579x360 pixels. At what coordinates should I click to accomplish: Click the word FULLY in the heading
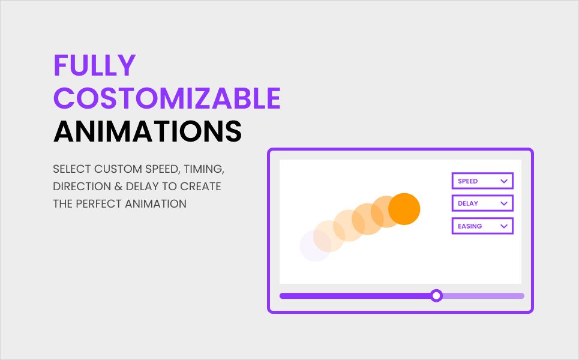tap(95, 65)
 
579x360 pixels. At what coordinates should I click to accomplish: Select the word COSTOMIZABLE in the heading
tap(167, 98)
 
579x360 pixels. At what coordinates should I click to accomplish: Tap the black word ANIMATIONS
tap(148, 131)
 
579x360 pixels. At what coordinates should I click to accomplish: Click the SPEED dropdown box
tap(482, 181)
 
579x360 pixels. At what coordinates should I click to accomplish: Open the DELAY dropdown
tap(482, 203)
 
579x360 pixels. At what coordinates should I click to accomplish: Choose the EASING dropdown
tap(482, 226)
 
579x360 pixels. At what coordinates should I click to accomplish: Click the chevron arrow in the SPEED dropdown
tap(503, 181)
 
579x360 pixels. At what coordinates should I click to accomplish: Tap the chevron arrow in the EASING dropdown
tap(503, 226)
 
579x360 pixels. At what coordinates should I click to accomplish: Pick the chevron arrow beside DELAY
tap(503, 203)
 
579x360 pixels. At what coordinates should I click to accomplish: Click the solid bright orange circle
tap(404, 209)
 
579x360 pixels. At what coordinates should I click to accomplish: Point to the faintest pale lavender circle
tap(315, 245)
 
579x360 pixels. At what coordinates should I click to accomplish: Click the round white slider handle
tap(436, 296)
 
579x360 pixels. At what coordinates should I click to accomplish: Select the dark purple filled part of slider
tap(355, 296)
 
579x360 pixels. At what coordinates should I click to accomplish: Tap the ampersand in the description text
tap(118, 187)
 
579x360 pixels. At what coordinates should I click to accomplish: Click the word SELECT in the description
tap(71, 169)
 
